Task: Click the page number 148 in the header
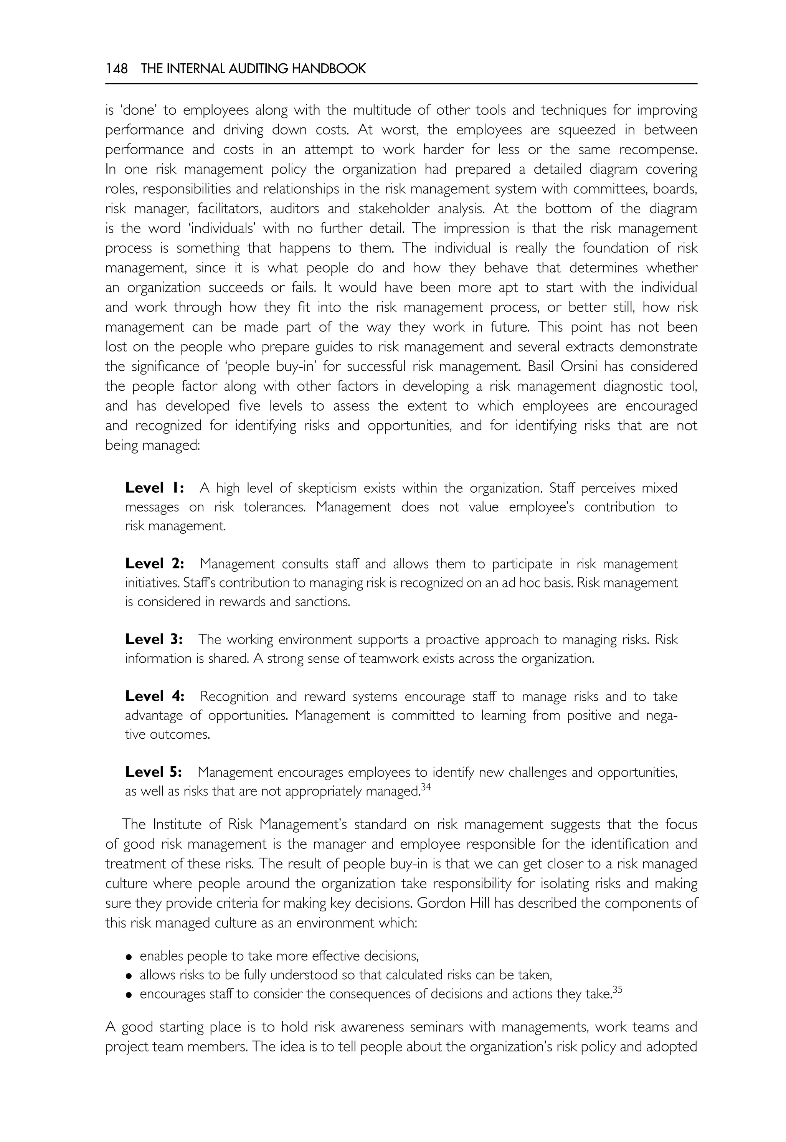(x=116, y=69)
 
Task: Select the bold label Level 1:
(x=155, y=488)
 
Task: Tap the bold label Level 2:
(x=155, y=564)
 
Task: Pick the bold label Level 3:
(x=154, y=640)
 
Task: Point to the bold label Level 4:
(x=155, y=696)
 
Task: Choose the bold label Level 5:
(x=154, y=772)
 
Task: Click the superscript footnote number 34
(x=426, y=787)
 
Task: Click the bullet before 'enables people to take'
(x=129, y=957)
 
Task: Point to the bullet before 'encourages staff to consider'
(x=129, y=995)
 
